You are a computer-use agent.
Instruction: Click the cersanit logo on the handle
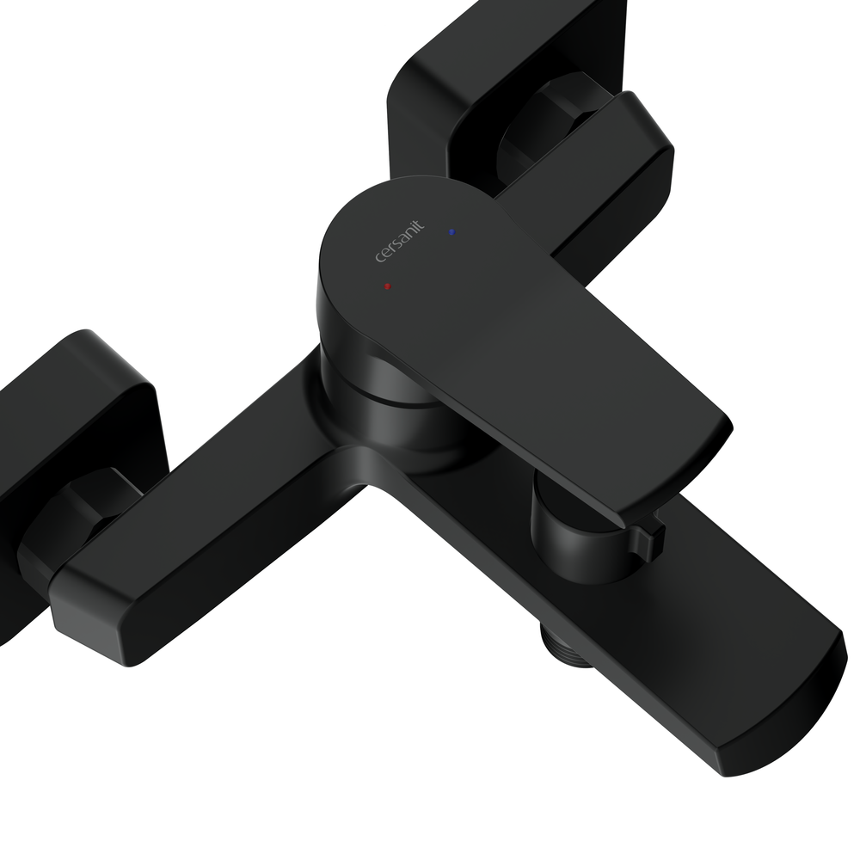(x=400, y=241)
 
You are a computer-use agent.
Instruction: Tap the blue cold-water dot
(x=451, y=232)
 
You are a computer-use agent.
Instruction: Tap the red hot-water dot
(x=388, y=286)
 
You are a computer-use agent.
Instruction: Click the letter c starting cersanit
(x=379, y=257)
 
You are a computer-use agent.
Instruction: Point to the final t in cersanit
(x=420, y=224)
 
